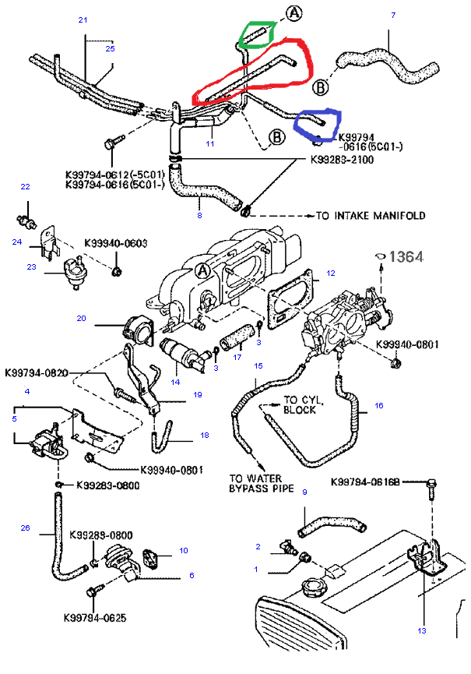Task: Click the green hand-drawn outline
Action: pyautogui.click(x=257, y=34)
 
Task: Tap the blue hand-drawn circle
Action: pyautogui.click(x=317, y=122)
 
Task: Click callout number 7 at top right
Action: pyautogui.click(x=393, y=15)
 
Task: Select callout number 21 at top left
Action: pyautogui.click(x=83, y=19)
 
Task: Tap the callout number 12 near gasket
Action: pyautogui.click(x=330, y=273)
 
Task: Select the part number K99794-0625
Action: pyautogui.click(x=97, y=616)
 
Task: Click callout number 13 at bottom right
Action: pyautogui.click(x=423, y=630)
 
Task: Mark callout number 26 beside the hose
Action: pyautogui.click(x=25, y=528)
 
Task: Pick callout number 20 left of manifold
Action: pyautogui.click(x=80, y=317)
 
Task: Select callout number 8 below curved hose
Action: pyautogui.click(x=199, y=215)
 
